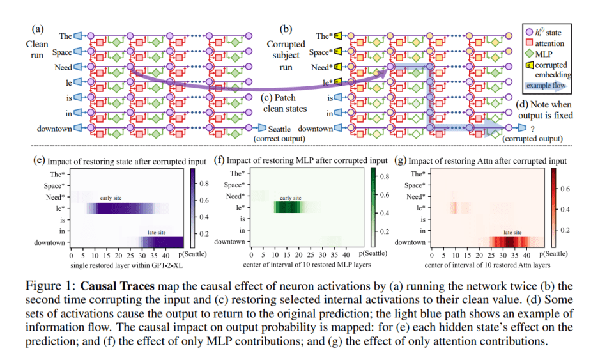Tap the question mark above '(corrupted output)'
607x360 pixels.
tap(531, 129)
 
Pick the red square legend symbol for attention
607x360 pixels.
tap(529, 42)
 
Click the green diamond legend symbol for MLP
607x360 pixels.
tap(529, 54)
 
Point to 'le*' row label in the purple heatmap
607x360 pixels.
tap(58, 208)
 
